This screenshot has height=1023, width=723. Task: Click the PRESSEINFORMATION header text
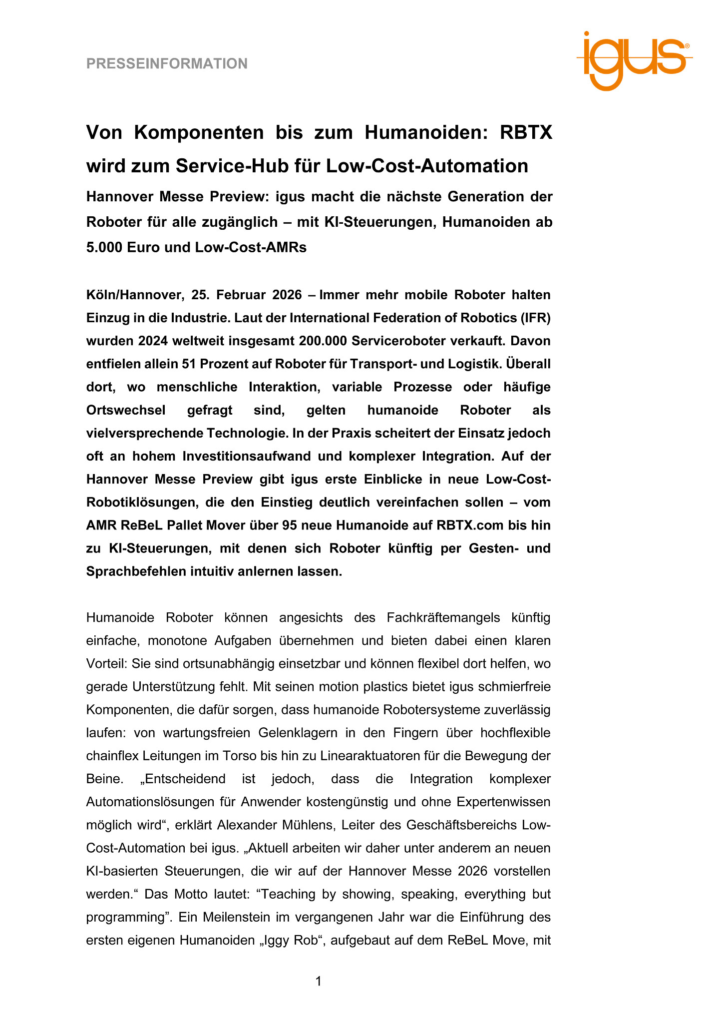(x=167, y=64)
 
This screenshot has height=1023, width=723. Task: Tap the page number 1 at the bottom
(x=319, y=982)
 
